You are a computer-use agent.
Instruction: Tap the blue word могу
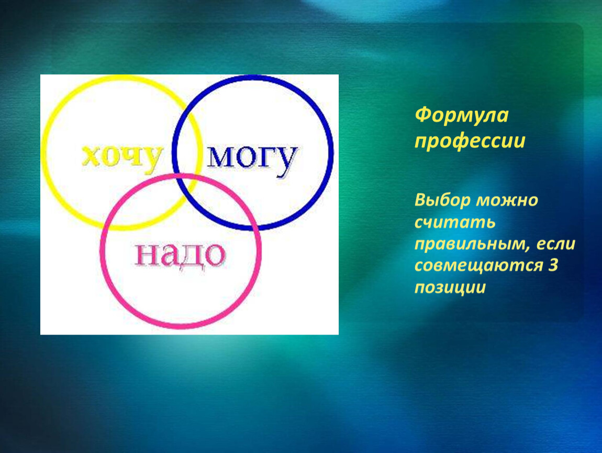(252, 158)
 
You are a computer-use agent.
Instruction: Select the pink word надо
(180, 256)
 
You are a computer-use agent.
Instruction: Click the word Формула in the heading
(462, 115)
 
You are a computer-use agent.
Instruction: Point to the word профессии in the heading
(470, 142)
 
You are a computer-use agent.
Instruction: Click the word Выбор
(442, 200)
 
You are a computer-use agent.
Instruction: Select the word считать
(455, 223)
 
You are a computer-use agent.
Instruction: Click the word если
(555, 244)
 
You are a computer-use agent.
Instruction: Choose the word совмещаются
(478, 266)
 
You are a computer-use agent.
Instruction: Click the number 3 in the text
(552, 265)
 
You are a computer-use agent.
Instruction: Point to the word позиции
(450, 288)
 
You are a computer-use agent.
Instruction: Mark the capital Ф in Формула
(422, 115)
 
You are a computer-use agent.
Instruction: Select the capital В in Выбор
(420, 200)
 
